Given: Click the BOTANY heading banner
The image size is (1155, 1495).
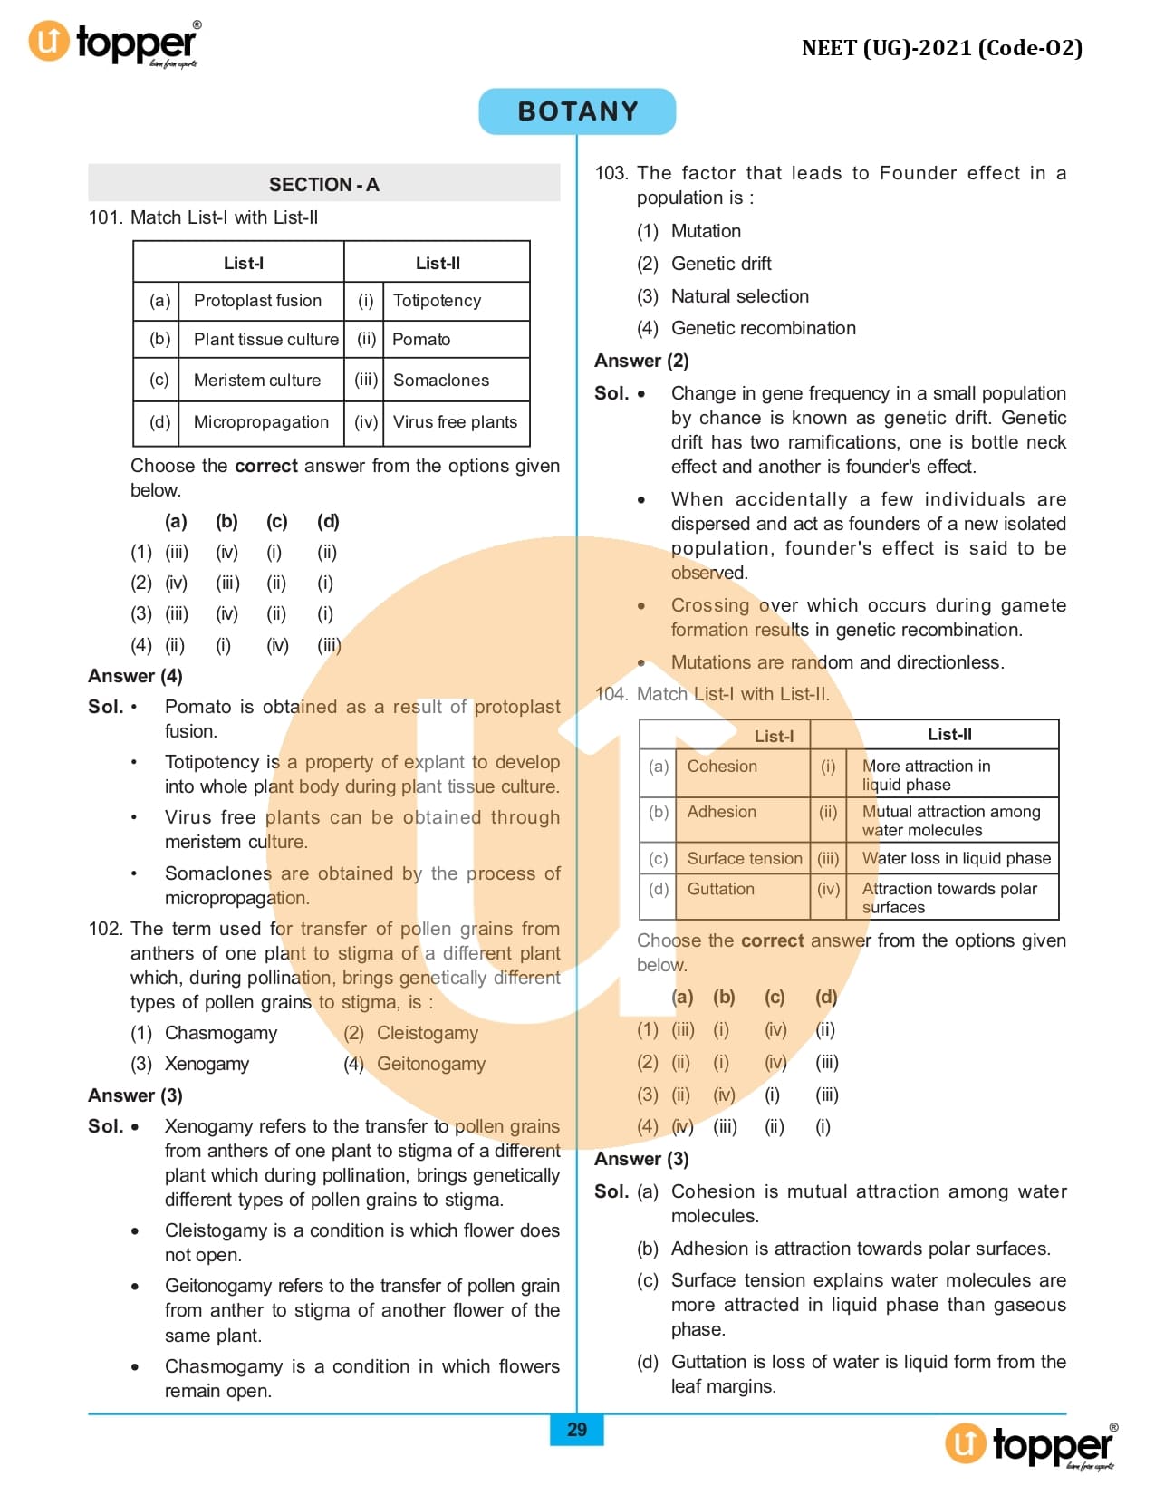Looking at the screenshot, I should point(577,111).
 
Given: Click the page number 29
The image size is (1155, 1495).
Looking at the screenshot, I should point(577,1430).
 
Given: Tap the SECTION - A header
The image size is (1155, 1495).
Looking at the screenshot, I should point(323,184).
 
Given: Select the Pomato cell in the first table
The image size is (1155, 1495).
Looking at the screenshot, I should point(421,339).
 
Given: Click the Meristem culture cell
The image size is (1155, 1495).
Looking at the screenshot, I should point(257,380).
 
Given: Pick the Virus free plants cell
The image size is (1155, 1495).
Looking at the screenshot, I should point(455,421).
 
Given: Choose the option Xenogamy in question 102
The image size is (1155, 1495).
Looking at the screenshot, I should point(207,1063).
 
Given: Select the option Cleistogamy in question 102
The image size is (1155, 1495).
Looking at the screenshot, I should point(427,1032).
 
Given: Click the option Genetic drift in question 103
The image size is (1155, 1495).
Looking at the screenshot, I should point(721,264).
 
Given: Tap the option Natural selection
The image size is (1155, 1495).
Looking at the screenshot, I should point(739,296).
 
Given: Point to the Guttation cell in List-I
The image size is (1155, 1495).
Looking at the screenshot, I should point(720,889).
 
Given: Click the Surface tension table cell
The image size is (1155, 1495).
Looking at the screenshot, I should point(745,858).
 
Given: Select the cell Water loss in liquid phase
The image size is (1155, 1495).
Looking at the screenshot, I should point(956,858).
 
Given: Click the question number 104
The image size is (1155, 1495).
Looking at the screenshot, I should point(611,694).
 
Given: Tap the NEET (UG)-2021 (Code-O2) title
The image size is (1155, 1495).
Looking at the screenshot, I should point(942,48).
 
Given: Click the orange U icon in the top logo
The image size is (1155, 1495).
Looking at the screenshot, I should point(49,42).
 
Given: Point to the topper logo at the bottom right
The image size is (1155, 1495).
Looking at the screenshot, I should point(1033,1445).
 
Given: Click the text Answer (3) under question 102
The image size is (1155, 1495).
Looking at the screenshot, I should point(135,1095).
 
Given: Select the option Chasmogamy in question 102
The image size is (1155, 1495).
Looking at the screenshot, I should point(221,1032).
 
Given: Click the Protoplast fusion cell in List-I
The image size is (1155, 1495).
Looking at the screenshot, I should point(257,300).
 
